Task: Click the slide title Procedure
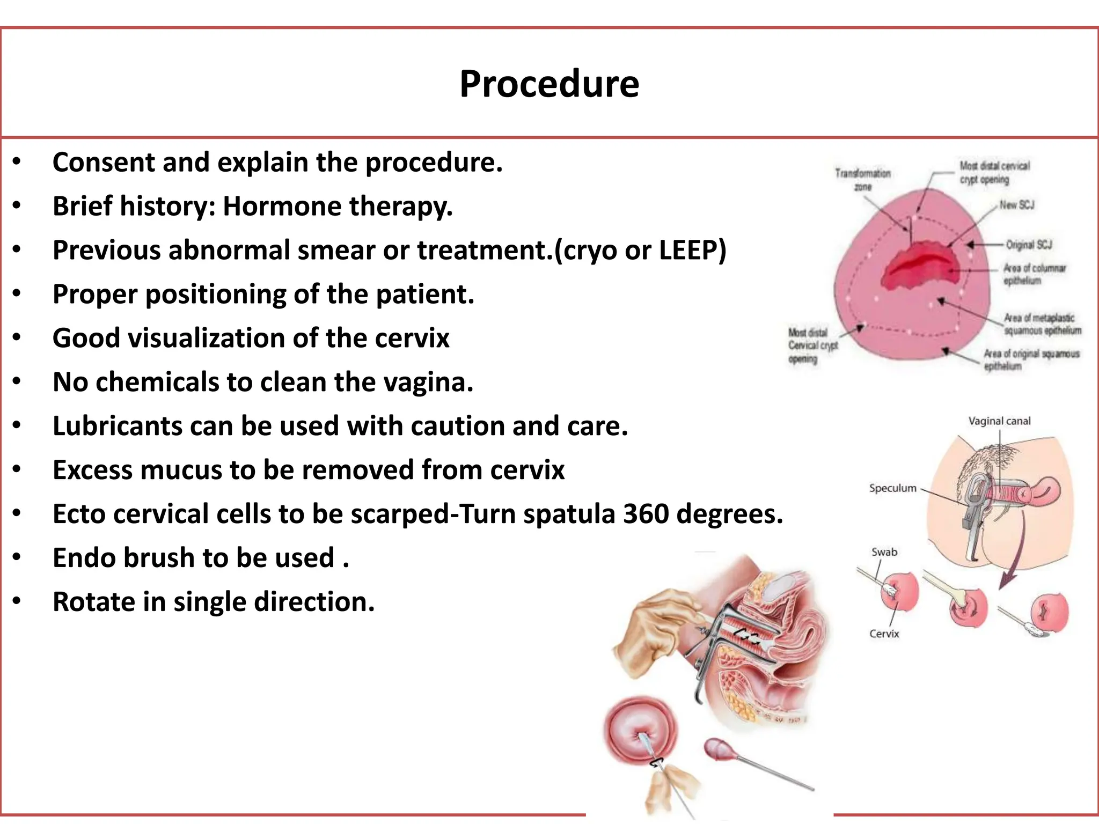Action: [x=549, y=84]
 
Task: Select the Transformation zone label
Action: [x=862, y=180]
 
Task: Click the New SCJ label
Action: [x=1016, y=205]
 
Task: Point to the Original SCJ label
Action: [x=1029, y=245]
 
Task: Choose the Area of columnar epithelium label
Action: [x=1034, y=274]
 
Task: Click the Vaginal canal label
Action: [x=999, y=421]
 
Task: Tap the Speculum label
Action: [x=892, y=488]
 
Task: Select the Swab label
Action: [x=884, y=552]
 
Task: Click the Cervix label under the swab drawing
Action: [x=884, y=634]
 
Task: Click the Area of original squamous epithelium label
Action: [x=1031, y=359]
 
